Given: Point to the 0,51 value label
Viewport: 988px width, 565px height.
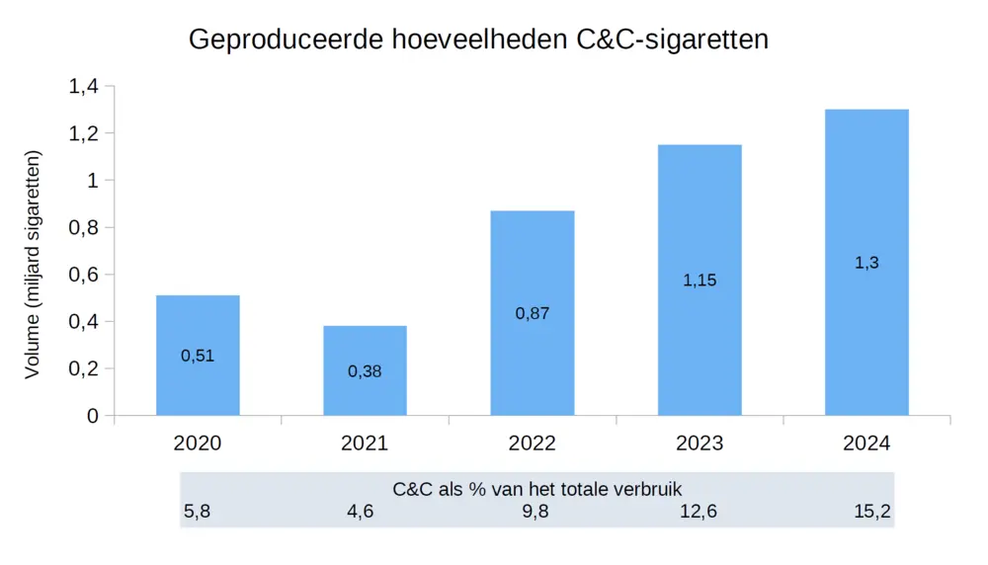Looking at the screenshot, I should (198, 356).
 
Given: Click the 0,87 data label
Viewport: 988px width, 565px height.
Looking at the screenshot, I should (532, 313).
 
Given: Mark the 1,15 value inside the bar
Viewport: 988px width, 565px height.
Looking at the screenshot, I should (700, 281).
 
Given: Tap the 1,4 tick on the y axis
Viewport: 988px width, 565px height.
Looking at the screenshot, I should (83, 87).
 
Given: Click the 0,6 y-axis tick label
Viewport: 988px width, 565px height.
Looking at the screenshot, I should (83, 275).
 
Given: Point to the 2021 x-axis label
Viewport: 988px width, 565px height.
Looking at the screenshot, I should (365, 444).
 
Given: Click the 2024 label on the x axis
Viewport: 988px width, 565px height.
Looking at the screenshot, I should (866, 444).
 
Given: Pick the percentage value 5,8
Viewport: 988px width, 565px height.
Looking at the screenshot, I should (197, 512).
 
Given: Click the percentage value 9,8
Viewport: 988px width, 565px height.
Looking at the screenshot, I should (535, 512).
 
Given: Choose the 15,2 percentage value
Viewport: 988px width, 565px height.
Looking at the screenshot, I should (872, 512).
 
